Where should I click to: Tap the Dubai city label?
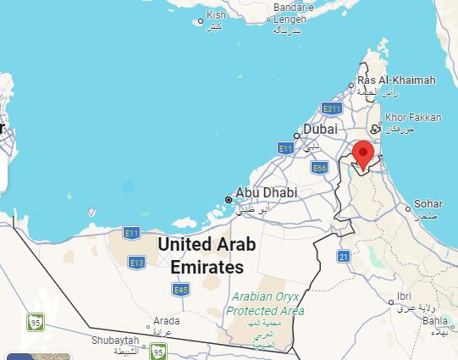pos(320,130)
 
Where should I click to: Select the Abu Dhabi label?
pos(267,193)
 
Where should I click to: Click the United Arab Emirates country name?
pos(207,255)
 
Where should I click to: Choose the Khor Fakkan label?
pos(412,118)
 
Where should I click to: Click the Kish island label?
pos(217,15)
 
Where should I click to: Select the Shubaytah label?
pos(115,340)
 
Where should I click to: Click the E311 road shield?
pos(331,108)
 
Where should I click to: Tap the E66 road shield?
pos(319,169)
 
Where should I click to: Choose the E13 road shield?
pos(136,263)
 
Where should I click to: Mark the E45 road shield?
pos(180,290)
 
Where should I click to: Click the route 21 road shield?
pos(344,256)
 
